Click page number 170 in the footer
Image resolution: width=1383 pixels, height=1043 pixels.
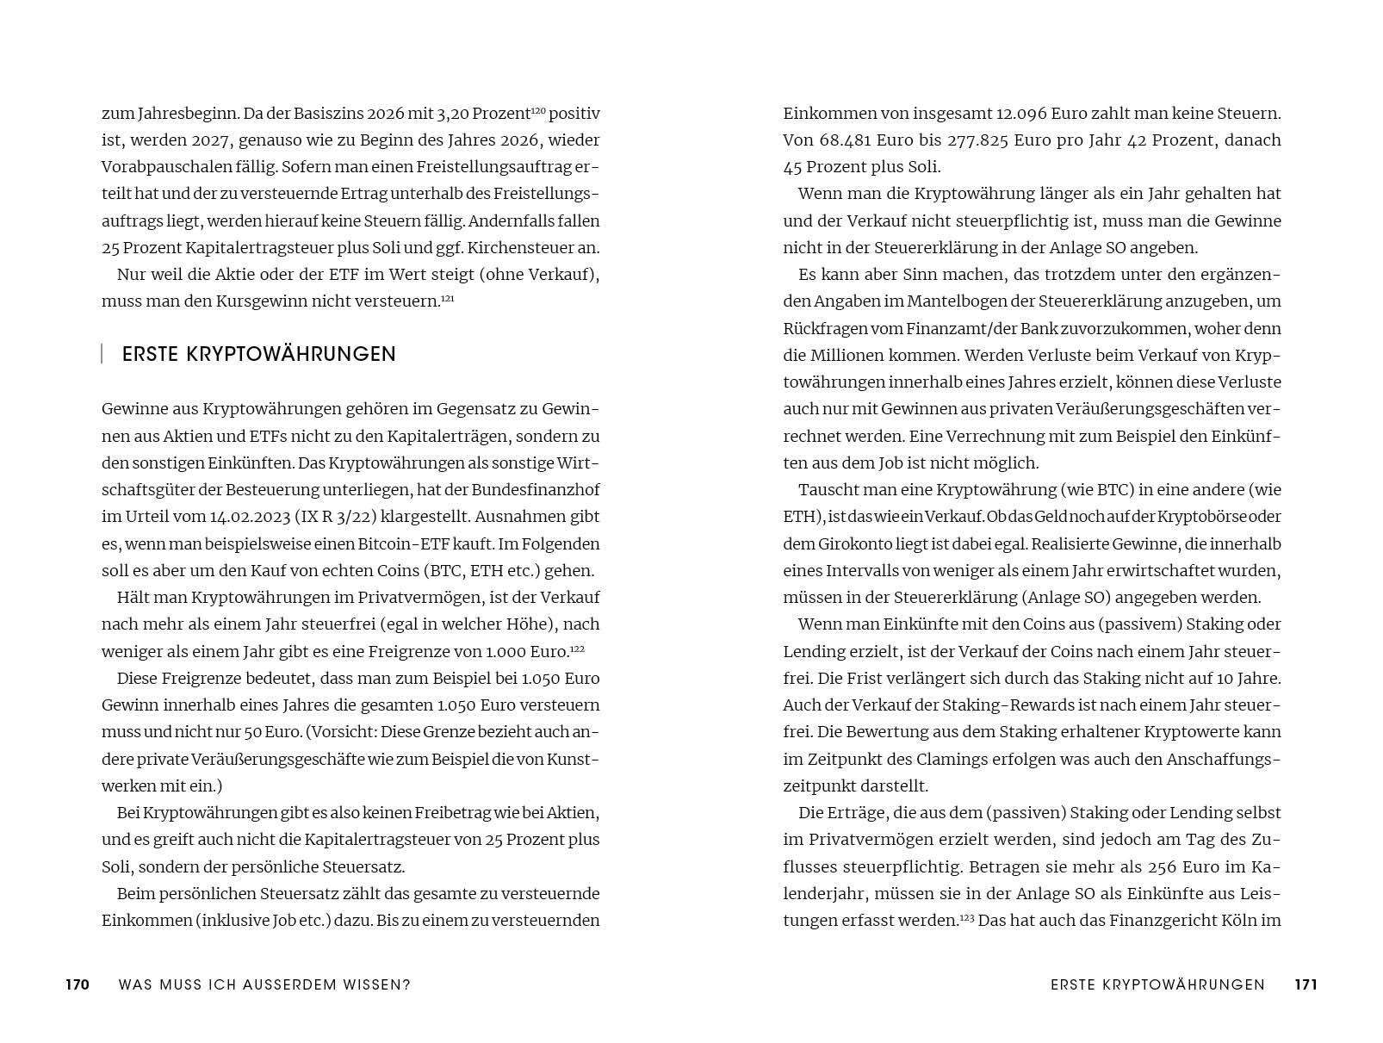[78, 984]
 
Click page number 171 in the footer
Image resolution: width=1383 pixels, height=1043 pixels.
[1305, 984]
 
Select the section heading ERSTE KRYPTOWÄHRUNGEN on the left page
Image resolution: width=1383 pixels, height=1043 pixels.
[259, 354]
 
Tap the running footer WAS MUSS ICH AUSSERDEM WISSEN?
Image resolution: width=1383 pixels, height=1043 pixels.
[264, 984]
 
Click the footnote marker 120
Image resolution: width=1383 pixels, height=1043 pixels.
[538, 110]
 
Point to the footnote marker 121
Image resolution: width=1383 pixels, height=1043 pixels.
[447, 298]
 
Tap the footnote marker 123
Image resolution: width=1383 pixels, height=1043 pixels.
[967, 917]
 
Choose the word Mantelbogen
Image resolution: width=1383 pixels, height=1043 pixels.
[959, 301]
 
